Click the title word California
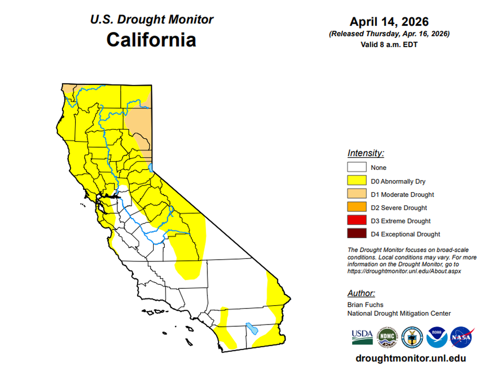coord(151,39)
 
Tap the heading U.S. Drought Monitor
coord(151,19)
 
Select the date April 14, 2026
coord(389,22)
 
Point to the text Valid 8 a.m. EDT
coord(389,44)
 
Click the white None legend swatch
coord(357,167)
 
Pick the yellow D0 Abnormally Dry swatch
coord(357,181)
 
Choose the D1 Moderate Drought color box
coord(357,194)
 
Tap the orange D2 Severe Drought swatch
coord(357,207)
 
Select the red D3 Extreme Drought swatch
coord(357,220)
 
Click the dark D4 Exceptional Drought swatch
coord(357,234)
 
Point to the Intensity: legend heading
coord(365,153)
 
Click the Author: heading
coord(361,293)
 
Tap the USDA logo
coord(362,337)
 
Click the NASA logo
coord(461,337)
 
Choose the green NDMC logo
coord(387,337)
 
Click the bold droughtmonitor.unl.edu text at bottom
coord(411,358)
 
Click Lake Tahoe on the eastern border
coord(151,167)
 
